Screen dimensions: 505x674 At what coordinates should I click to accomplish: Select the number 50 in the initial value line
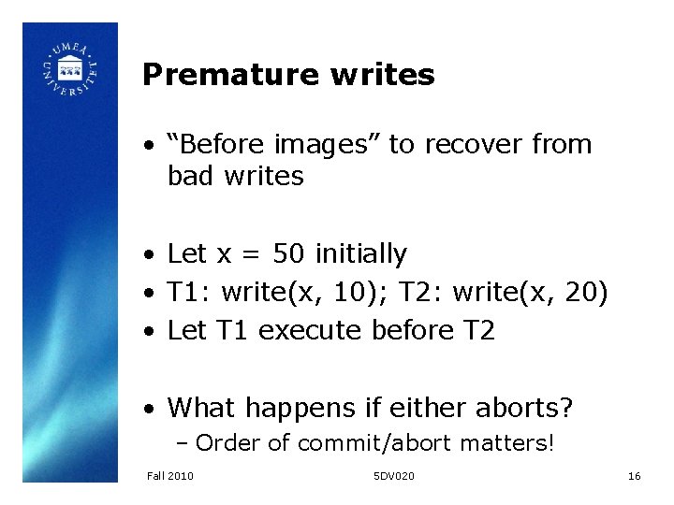pyautogui.click(x=287, y=253)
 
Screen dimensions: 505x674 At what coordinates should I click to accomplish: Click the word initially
pyautogui.click(x=361, y=253)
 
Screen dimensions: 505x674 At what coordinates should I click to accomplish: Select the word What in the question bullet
pyautogui.click(x=199, y=408)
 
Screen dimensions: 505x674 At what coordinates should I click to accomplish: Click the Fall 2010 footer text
pyautogui.click(x=170, y=476)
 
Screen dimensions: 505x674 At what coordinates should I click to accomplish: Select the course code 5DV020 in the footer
pyautogui.click(x=393, y=476)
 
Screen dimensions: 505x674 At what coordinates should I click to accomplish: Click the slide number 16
pyautogui.click(x=634, y=476)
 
